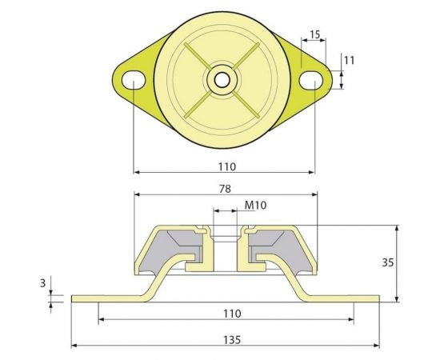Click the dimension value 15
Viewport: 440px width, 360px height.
314,34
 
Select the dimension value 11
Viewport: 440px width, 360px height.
349,60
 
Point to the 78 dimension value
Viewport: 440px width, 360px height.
225,189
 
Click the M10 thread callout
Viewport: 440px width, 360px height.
255,206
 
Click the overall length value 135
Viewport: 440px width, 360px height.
226,340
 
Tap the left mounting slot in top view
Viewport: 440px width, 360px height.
133,78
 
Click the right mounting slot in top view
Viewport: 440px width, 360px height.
313,79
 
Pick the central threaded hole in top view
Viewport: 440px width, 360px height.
220,80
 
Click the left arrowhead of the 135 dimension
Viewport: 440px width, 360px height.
75,346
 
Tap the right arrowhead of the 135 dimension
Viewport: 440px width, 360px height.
376,346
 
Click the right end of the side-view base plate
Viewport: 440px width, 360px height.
377,299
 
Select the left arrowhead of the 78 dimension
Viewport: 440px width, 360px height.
137,194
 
